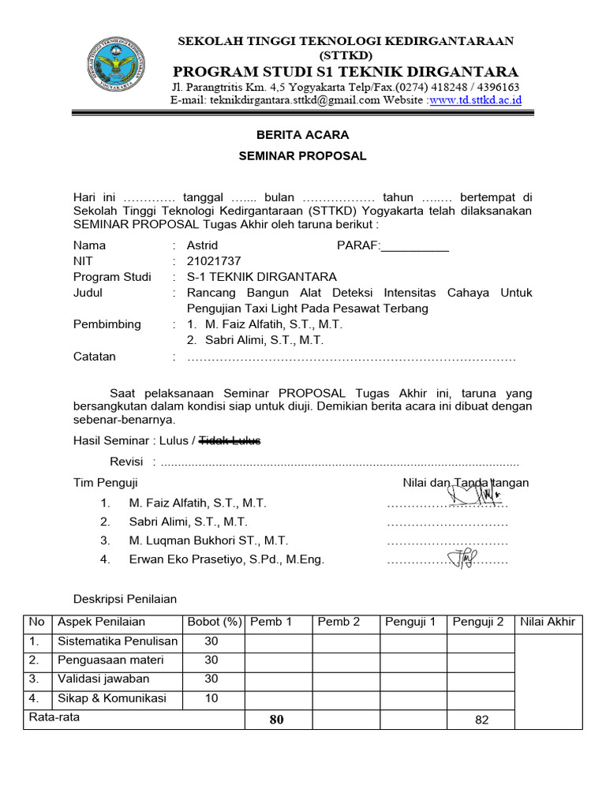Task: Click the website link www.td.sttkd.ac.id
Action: [475, 100]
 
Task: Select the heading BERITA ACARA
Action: [302, 135]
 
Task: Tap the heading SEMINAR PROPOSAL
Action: [302, 156]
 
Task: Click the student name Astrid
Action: [202, 245]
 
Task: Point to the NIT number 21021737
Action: [214, 261]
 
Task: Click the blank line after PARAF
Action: [415, 246]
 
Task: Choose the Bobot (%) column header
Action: [214, 622]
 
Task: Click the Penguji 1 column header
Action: [410, 622]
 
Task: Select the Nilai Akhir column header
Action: [548, 622]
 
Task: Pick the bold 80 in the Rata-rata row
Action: [276, 719]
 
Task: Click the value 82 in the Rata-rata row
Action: [482, 720]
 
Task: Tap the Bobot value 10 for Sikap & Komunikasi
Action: [211, 698]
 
